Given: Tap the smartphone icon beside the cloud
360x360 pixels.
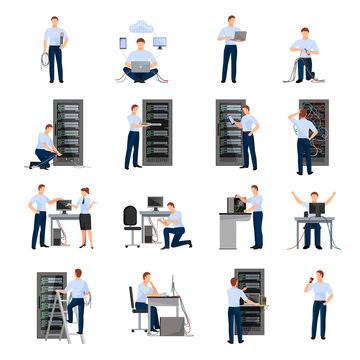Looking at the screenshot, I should click(x=122, y=43).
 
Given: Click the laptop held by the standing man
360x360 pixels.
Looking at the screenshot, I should click(x=240, y=35).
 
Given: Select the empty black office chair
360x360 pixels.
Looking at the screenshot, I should click(x=130, y=225).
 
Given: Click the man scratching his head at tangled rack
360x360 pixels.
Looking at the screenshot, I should click(x=304, y=140).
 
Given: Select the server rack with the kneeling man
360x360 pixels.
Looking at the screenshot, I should click(x=67, y=133).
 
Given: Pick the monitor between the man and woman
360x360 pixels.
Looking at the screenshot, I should click(x=64, y=205).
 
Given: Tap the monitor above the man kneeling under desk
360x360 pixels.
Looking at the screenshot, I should click(x=155, y=203).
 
